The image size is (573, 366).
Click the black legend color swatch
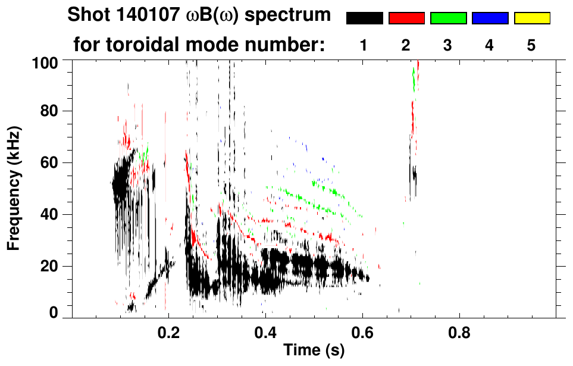[x=364, y=18]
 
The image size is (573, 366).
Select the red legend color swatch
[x=406, y=18]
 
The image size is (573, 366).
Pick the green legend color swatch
[x=448, y=18]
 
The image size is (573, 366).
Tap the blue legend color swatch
[x=490, y=18]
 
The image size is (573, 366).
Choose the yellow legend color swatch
[x=532, y=18]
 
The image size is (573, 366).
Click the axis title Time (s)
[x=314, y=351]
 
